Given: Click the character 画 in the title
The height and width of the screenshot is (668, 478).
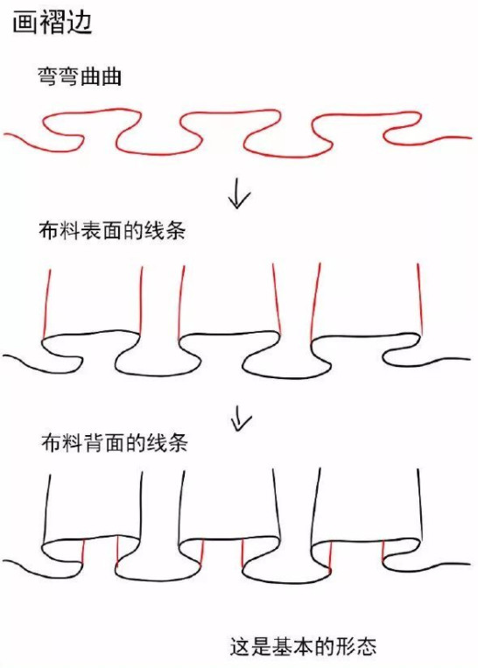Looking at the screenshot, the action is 25,22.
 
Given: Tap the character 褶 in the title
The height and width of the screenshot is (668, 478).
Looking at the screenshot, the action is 53,22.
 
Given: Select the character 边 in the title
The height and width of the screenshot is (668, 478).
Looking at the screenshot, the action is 80,22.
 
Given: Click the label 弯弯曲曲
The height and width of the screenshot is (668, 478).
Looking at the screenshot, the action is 80,77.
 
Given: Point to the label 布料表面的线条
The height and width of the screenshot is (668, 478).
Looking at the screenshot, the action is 112,230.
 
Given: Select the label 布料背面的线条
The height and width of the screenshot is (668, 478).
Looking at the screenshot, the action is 115,442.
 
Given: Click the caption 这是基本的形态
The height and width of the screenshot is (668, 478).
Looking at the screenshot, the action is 303,646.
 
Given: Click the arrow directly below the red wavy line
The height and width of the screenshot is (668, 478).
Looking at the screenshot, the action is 239,195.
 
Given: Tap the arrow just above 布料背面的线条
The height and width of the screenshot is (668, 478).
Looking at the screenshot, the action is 240,417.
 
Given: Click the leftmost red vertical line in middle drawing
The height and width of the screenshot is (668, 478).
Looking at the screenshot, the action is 47,304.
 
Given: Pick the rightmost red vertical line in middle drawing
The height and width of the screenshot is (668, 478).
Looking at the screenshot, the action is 420,298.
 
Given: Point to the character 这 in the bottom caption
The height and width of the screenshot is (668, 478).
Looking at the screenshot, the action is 240,646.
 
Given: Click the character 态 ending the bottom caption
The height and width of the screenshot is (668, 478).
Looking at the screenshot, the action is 367,646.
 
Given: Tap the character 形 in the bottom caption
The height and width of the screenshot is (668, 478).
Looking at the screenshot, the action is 346,646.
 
